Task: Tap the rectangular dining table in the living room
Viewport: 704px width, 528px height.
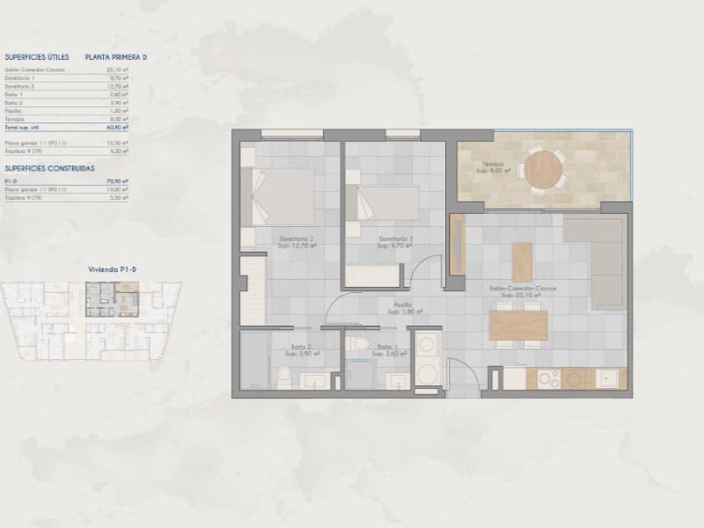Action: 517,326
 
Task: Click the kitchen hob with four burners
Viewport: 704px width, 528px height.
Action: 549,379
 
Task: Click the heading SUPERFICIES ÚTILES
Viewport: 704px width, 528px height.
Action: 36,56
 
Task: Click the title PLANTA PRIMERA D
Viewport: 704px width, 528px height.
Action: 116,56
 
